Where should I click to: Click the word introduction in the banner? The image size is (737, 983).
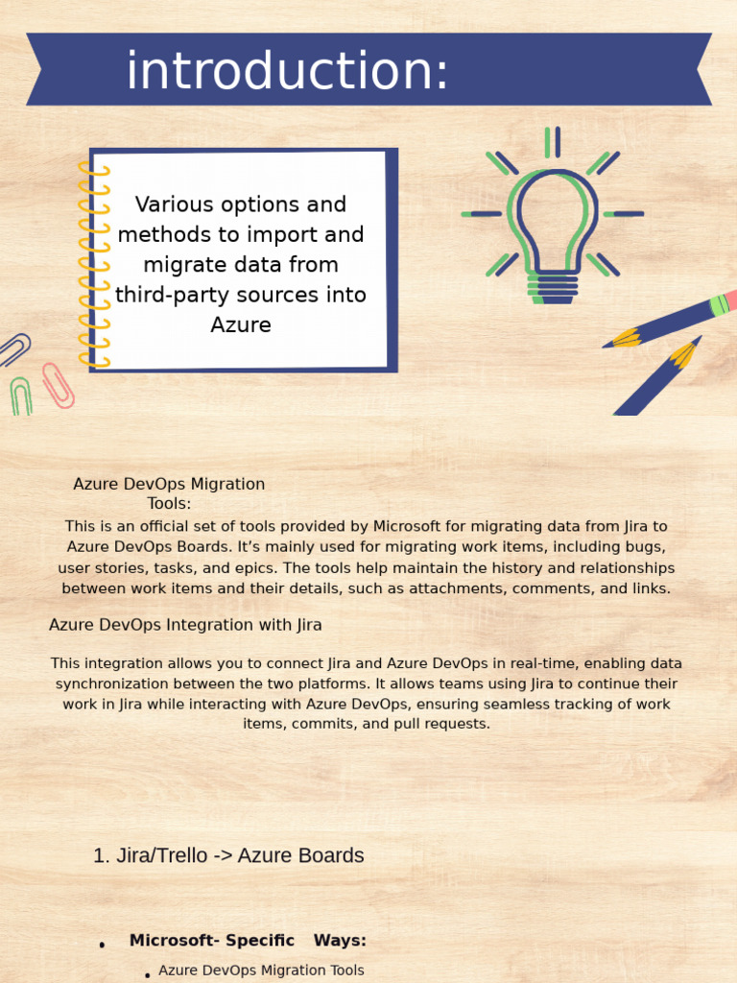(287, 71)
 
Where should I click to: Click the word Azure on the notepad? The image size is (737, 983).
(241, 324)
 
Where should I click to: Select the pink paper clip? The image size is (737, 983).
(59, 385)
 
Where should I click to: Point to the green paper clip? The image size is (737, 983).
(21, 396)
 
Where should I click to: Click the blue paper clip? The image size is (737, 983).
(13, 349)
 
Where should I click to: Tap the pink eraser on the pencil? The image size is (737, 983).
(730, 300)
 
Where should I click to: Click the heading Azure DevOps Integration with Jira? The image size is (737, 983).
(185, 625)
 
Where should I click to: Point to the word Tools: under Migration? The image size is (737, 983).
(169, 503)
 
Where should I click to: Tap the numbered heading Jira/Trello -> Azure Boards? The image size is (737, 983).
(228, 855)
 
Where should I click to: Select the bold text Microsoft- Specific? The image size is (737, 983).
(211, 941)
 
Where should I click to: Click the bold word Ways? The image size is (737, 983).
(340, 941)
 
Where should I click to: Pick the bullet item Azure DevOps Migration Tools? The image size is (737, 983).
(261, 971)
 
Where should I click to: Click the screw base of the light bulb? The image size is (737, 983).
(553, 287)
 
